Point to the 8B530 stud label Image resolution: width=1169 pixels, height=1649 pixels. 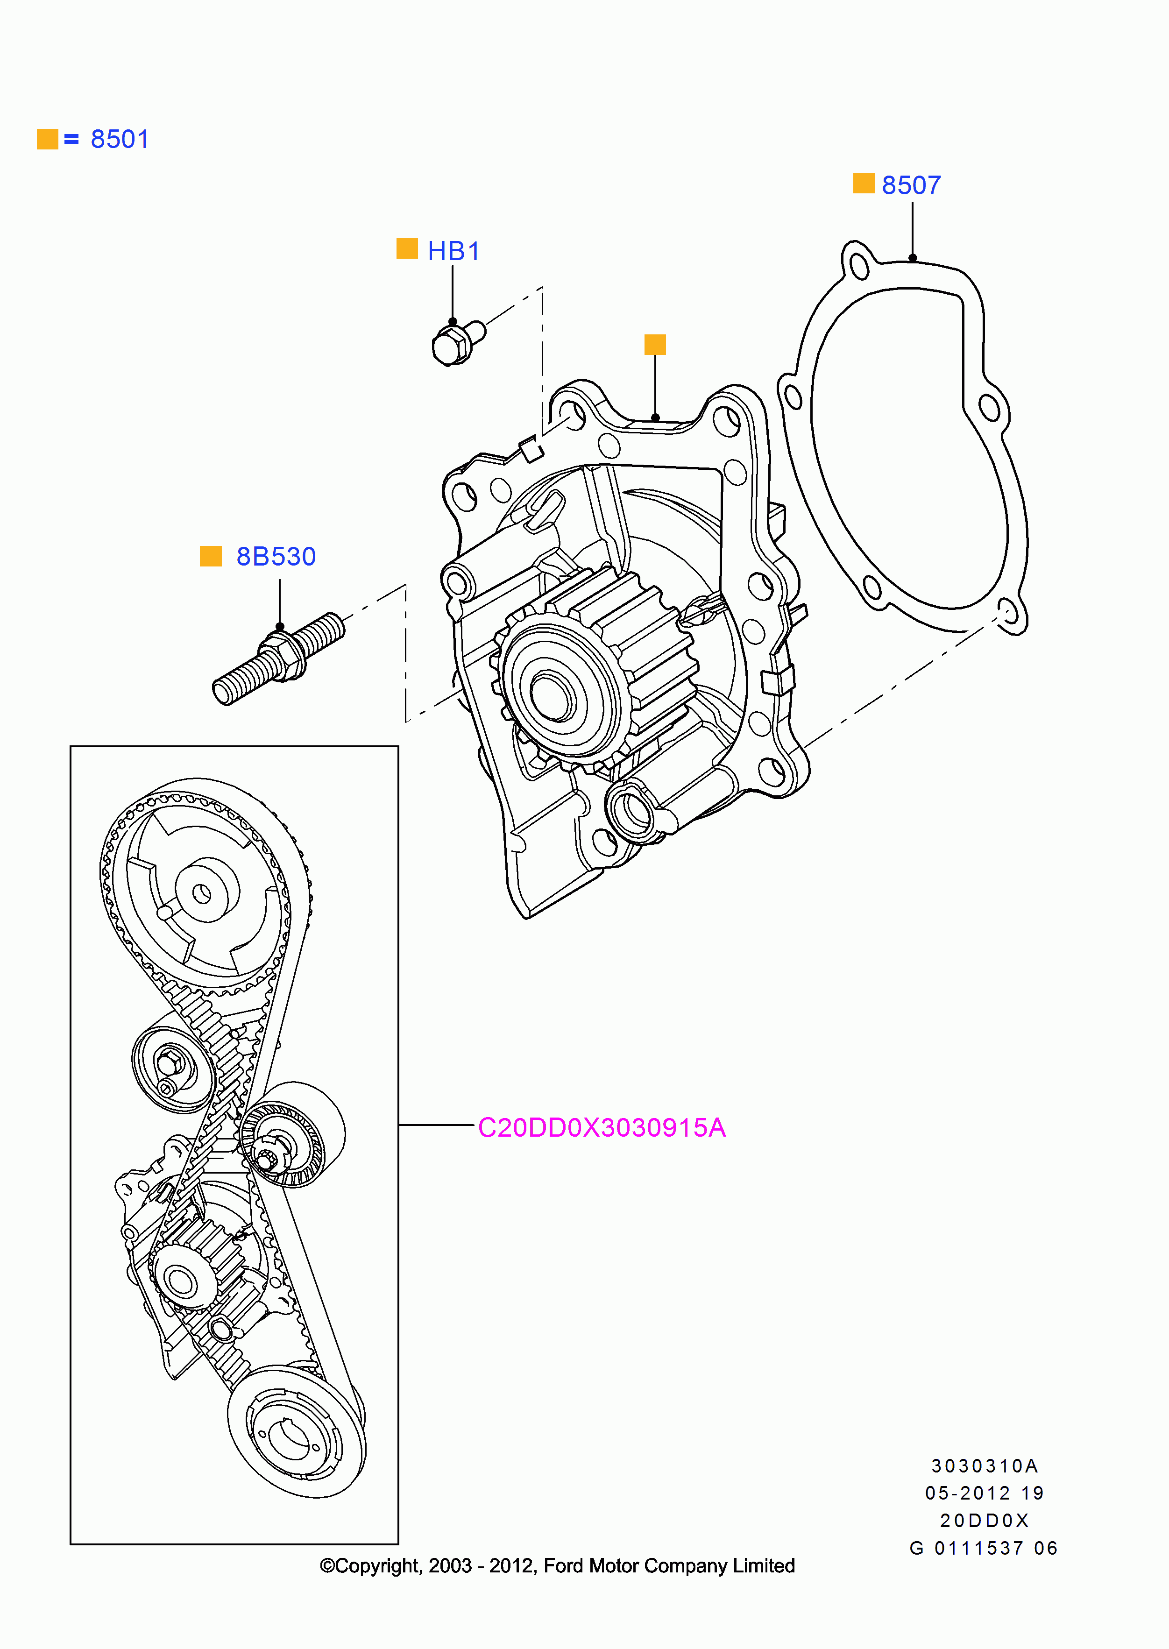click(x=276, y=556)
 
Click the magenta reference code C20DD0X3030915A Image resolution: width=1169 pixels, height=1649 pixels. click(x=601, y=1128)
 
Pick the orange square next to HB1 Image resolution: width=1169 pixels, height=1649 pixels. click(x=407, y=248)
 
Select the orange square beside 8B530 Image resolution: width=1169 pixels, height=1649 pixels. click(x=210, y=556)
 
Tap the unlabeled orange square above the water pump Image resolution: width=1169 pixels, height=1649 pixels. click(x=654, y=344)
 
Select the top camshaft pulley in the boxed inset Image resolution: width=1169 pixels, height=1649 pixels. click(x=202, y=889)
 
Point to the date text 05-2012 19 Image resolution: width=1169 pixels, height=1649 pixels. click(x=984, y=1493)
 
